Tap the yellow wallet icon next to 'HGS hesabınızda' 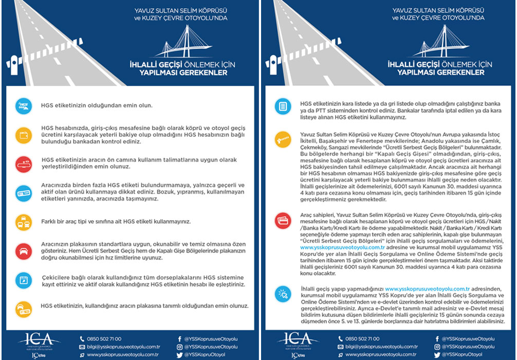pyautogui.click(x=24, y=135)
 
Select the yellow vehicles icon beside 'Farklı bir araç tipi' pyautogui.click(x=24, y=221)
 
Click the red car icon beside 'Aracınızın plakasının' pyautogui.click(x=24, y=251)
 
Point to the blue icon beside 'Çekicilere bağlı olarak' pyautogui.click(x=24, y=280)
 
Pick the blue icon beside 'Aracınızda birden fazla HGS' pyautogui.click(x=24, y=192)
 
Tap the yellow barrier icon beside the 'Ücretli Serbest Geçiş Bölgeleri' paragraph pyautogui.click(x=283, y=138)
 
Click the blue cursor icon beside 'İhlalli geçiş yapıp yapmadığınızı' pyautogui.click(x=283, y=294)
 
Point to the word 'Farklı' pyautogui.click(x=50, y=222)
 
